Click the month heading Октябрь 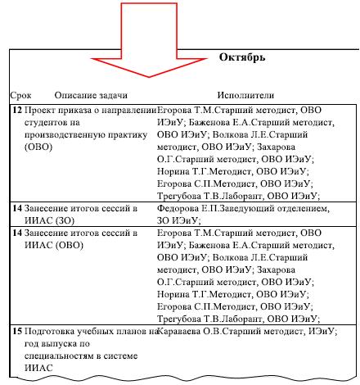pos(242,57)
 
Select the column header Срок pos(20,96)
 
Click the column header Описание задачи pos(91,95)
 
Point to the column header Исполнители pos(245,95)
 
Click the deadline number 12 pos(17,110)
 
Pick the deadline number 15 pos(17,331)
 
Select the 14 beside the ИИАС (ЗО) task pos(17,208)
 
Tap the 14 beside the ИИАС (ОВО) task pos(17,233)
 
